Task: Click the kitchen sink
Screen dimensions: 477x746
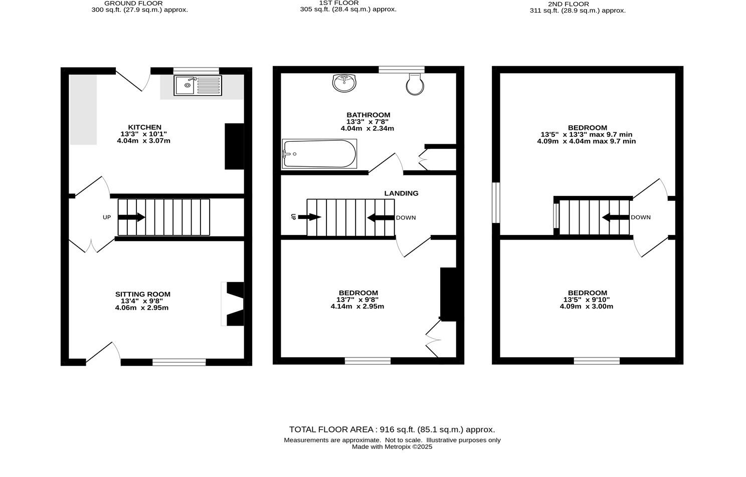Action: [197, 85]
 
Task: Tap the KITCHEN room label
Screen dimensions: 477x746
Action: [144, 127]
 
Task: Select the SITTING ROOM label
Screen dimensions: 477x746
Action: [143, 294]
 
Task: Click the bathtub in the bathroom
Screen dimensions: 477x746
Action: [319, 154]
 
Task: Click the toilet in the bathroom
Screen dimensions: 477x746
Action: [415, 84]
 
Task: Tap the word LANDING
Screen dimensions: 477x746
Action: [401, 193]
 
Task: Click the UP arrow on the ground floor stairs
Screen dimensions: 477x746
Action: [131, 217]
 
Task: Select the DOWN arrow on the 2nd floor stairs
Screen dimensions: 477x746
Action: [616, 217]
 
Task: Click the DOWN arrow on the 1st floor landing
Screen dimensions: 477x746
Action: [381, 217]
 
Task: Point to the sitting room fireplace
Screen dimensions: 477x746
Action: [233, 304]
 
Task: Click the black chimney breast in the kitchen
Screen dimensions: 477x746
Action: [234, 146]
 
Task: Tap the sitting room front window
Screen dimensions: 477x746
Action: [179, 362]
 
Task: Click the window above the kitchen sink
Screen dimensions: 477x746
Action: [196, 71]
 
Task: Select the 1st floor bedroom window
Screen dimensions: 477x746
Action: [367, 361]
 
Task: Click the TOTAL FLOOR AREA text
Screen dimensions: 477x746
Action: [392, 429]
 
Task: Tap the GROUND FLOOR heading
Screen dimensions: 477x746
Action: [133, 3]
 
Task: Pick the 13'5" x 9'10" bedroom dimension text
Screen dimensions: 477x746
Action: [587, 300]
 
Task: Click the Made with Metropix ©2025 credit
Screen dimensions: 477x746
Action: [392, 447]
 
